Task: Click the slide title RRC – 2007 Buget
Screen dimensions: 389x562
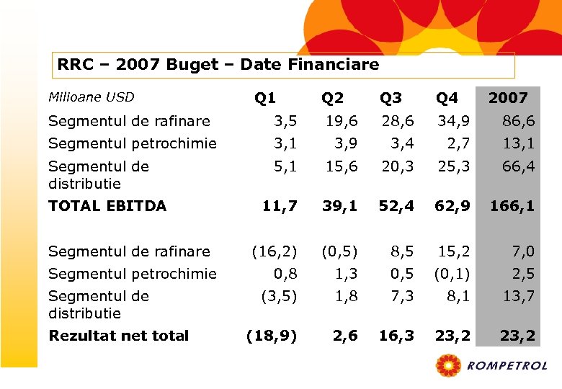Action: pyautogui.click(x=218, y=65)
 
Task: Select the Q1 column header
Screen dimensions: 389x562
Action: pyautogui.click(x=264, y=98)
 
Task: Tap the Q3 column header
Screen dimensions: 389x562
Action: pyautogui.click(x=391, y=98)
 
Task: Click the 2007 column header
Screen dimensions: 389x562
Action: pyautogui.click(x=508, y=98)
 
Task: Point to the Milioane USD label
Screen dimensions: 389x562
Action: pyautogui.click(x=91, y=97)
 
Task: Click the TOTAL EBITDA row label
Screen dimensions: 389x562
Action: pyautogui.click(x=107, y=206)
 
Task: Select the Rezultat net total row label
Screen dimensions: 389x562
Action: pyautogui.click(x=118, y=335)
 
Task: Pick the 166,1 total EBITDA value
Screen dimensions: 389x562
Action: pyautogui.click(x=512, y=206)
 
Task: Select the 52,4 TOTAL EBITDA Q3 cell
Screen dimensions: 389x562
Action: pyautogui.click(x=397, y=206)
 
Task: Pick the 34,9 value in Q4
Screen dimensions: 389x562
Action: pyautogui.click(x=453, y=121)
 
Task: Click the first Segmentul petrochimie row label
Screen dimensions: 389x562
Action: pyautogui.click(x=132, y=143)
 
